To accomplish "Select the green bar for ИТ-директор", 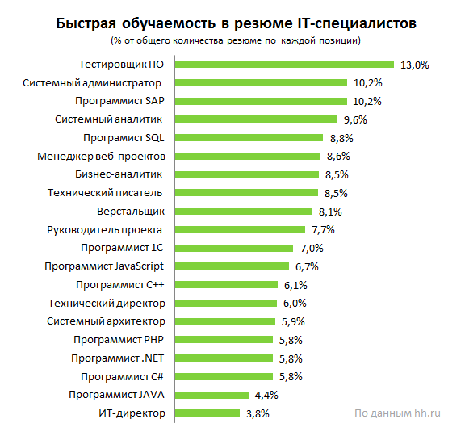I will coord(207,413).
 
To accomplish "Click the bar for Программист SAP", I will coord(261,101).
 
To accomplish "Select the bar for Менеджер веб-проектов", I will coord(246,156).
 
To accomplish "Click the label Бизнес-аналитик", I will coord(119,174).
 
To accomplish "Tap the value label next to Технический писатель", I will coord(335,193).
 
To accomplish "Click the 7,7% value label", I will coord(325,230).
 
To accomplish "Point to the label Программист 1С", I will coord(124,247).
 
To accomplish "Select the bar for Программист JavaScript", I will coord(232,266).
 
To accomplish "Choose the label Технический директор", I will coord(118,303).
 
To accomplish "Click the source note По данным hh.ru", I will coord(398,413).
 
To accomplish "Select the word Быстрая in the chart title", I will coord(86,22).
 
